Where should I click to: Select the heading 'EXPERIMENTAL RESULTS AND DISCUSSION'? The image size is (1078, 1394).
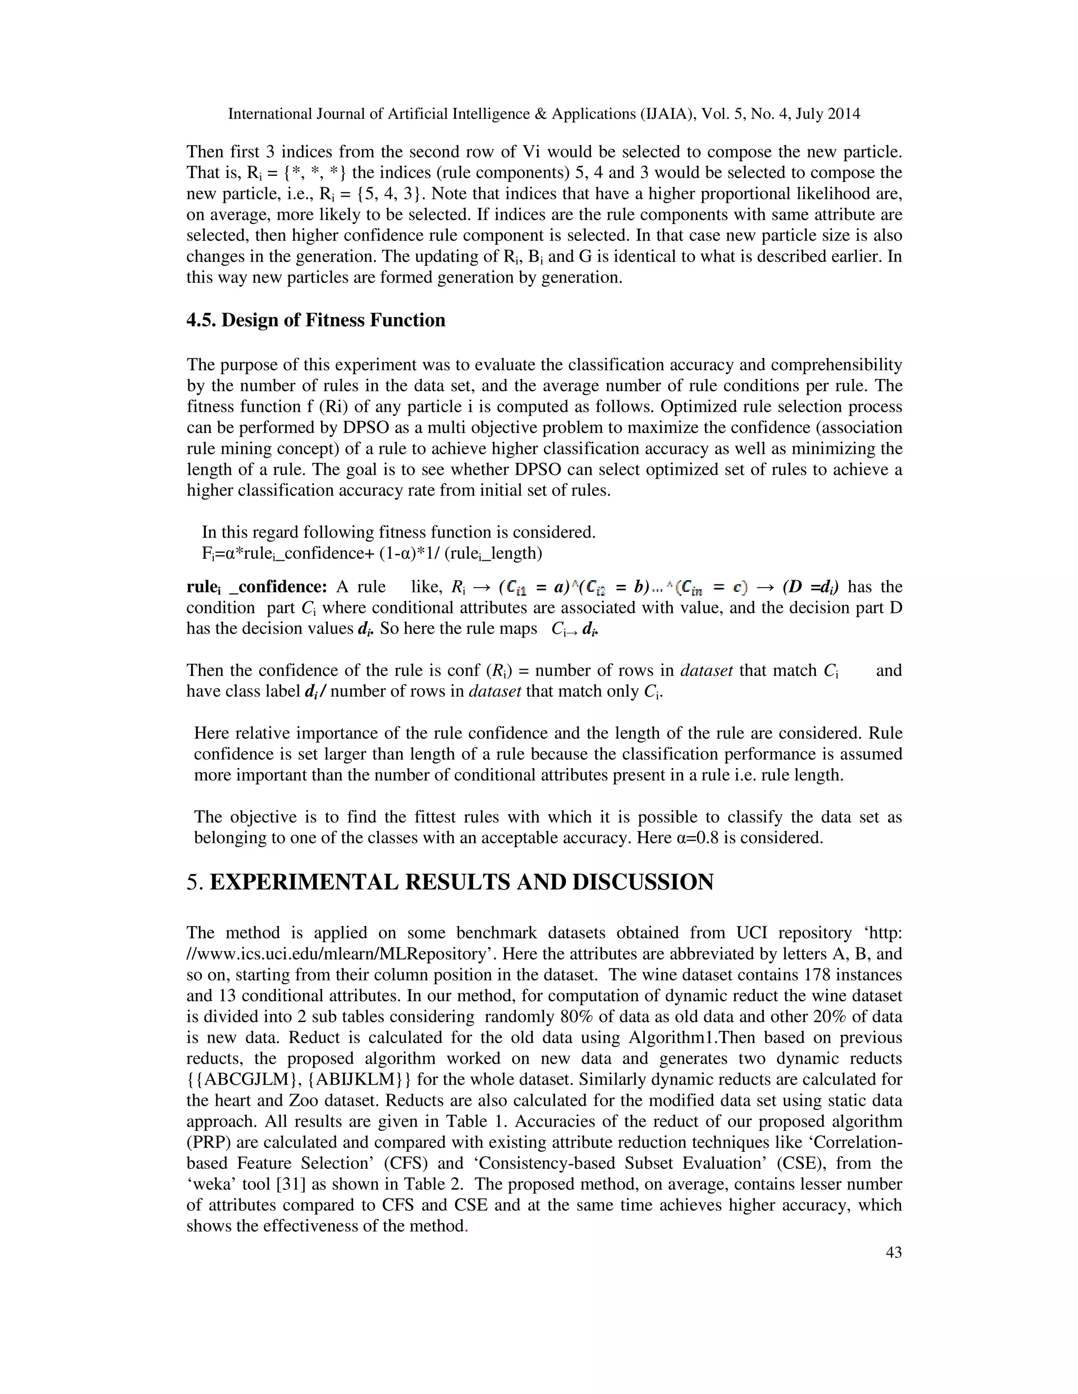click(461, 882)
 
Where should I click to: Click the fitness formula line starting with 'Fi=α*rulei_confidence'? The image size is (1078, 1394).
click(372, 553)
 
